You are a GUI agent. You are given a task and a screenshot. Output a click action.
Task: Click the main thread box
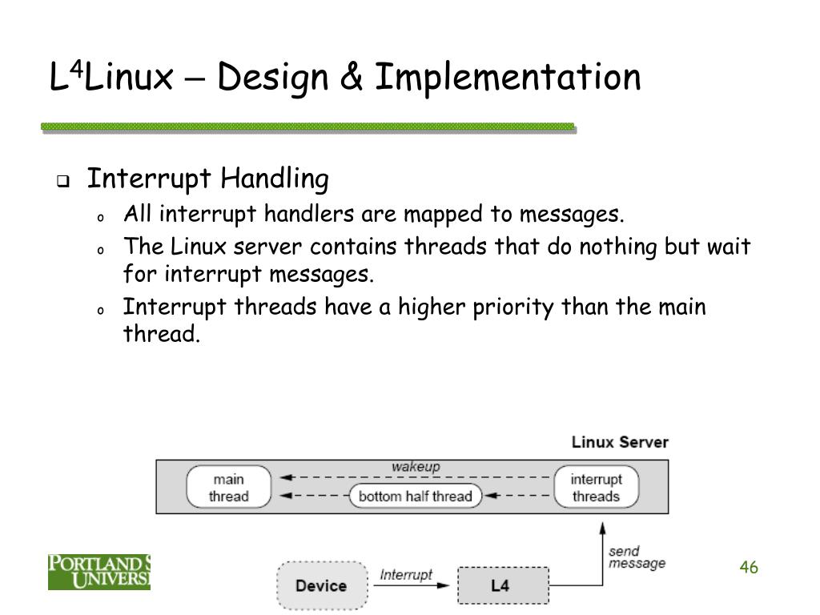point(228,488)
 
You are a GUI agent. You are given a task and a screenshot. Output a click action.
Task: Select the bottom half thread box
point(415,496)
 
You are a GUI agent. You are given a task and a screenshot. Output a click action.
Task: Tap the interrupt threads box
point(595,488)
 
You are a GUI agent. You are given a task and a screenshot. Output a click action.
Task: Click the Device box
point(320,585)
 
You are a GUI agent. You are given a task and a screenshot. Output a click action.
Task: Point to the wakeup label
point(415,467)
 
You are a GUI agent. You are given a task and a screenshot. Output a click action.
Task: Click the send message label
point(636,557)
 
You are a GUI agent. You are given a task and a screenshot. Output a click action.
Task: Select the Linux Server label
point(619,442)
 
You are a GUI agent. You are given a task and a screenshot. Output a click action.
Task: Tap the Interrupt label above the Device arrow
point(405,574)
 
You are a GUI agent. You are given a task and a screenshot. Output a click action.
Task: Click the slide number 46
point(749,568)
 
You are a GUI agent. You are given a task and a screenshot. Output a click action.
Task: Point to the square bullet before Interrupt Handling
point(62,181)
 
